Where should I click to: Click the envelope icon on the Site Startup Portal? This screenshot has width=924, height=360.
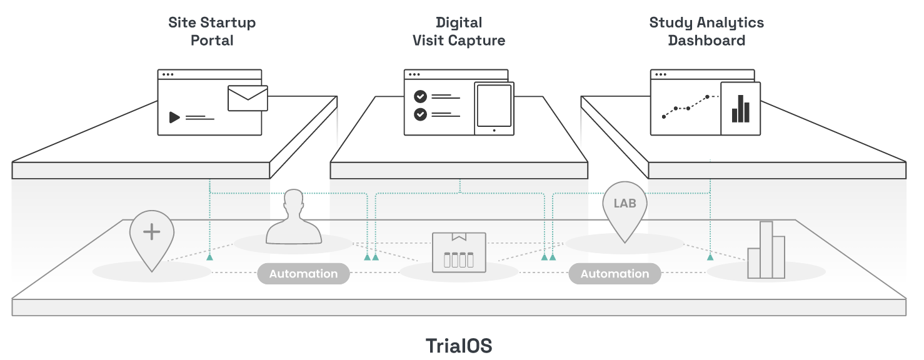pos(248,98)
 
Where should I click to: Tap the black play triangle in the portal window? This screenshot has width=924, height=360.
pos(174,117)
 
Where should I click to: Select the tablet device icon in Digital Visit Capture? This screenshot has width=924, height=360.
pos(494,108)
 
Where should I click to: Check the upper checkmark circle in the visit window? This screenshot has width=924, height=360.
pos(421,97)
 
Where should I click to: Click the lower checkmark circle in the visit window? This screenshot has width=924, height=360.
pos(421,114)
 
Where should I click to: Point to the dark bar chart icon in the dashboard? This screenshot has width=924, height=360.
pos(740,109)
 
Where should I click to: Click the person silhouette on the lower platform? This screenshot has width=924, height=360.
pos(293,219)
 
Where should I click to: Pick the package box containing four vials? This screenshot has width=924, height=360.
pos(459,252)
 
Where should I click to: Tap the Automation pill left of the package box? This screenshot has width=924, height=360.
pos(303,274)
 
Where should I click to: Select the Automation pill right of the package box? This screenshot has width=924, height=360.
pos(615,274)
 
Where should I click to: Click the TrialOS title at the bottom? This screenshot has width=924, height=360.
pos(459,346)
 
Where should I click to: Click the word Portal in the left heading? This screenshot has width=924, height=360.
pos(212,41)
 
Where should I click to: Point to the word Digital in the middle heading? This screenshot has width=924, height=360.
pos(459,22)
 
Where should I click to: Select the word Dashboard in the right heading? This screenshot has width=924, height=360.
pos(706,41)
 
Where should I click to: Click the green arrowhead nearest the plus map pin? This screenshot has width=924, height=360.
pos(210,256)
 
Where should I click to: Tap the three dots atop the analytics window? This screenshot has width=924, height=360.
pos(660,74)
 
